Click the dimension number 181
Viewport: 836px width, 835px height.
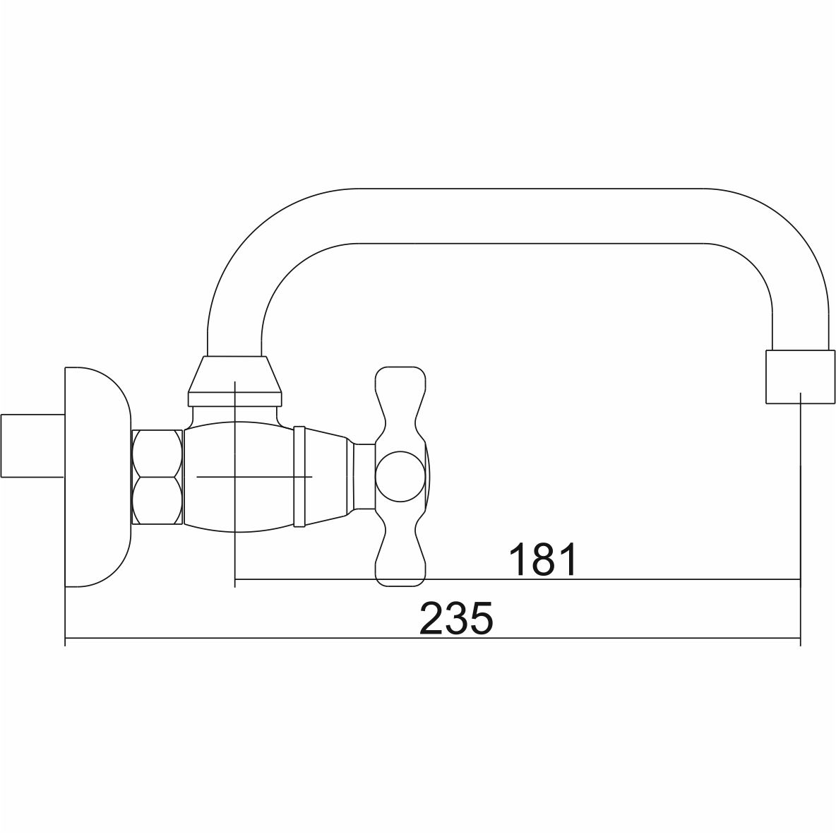[543, 559]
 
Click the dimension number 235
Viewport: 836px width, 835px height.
[456, 618]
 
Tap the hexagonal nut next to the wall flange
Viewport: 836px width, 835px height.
[157, 477]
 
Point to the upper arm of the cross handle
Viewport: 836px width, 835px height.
[401, 405]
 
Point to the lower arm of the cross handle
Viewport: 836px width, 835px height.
[401, 547]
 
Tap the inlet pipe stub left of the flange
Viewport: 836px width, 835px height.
[32, 445]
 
